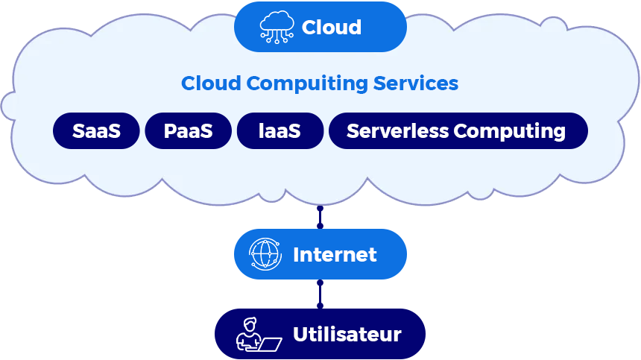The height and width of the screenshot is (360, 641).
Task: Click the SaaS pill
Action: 96,131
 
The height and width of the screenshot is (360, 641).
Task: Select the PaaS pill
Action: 188,131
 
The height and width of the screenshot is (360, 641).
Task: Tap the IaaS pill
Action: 280,131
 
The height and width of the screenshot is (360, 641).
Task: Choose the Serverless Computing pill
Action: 457,131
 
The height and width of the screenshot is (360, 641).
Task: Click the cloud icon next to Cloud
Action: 277,27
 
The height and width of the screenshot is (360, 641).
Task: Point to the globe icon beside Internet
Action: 265,254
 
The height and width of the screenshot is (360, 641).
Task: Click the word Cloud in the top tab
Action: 331,28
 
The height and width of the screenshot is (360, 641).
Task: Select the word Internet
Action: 335,255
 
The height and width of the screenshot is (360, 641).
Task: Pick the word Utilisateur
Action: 347,335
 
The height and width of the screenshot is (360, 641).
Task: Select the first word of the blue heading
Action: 211,83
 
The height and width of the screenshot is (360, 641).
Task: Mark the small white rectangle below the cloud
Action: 44,199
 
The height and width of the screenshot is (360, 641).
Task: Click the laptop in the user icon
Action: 268,344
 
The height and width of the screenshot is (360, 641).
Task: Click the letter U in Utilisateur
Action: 300,335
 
